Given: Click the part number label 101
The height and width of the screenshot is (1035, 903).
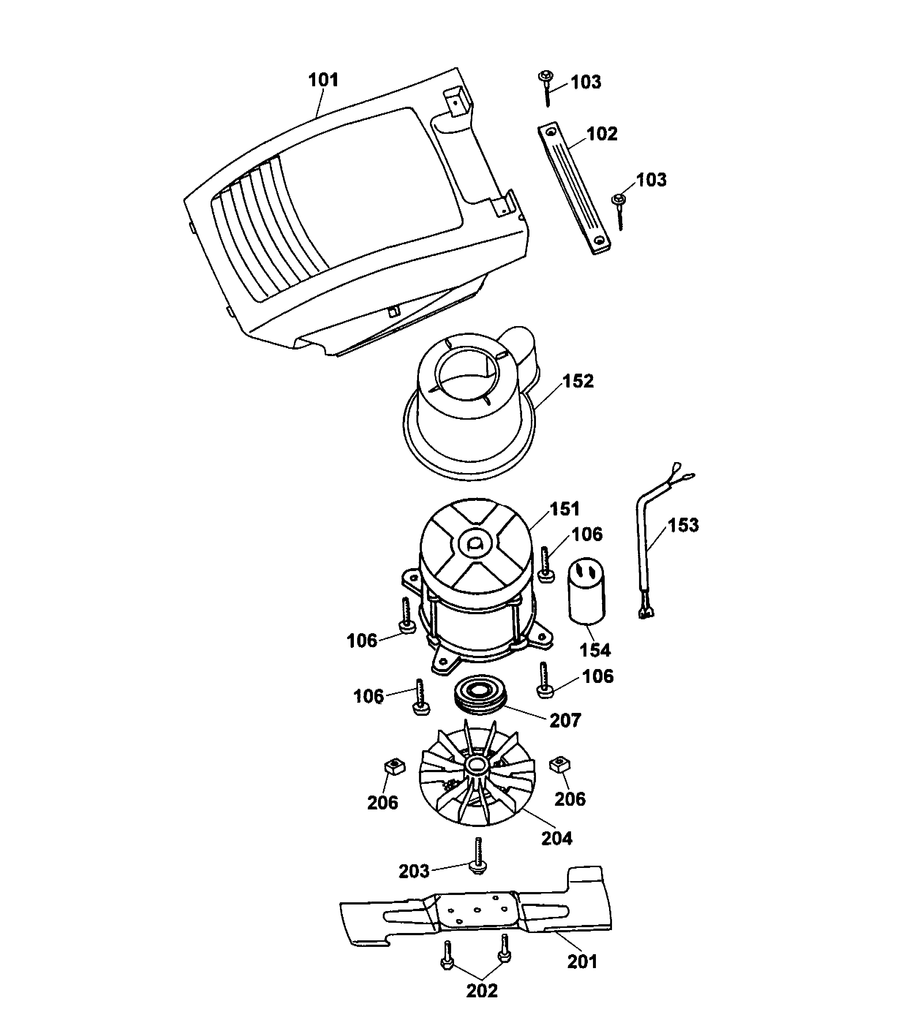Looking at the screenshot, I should pyautogui.click(x=323, y=80).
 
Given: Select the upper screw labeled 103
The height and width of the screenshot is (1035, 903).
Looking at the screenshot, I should pyautogui.click(x=546, y=88).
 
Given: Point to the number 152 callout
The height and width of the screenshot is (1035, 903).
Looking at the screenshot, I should pyautogui.click(x=578, y=381).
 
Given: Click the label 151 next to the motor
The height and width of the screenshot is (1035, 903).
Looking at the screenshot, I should pyautogui.click(x=564, y=509).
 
